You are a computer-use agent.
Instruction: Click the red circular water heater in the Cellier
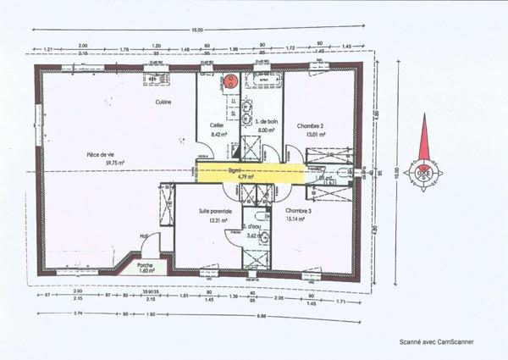click(x=230, y=82)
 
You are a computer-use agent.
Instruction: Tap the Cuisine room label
click(x=163, y=102)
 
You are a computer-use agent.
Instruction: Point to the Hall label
click(x=143, y=237)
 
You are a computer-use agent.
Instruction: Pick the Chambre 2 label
click(x=310, y=125)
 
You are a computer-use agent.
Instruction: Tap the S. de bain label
click(x=268, y=123)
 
